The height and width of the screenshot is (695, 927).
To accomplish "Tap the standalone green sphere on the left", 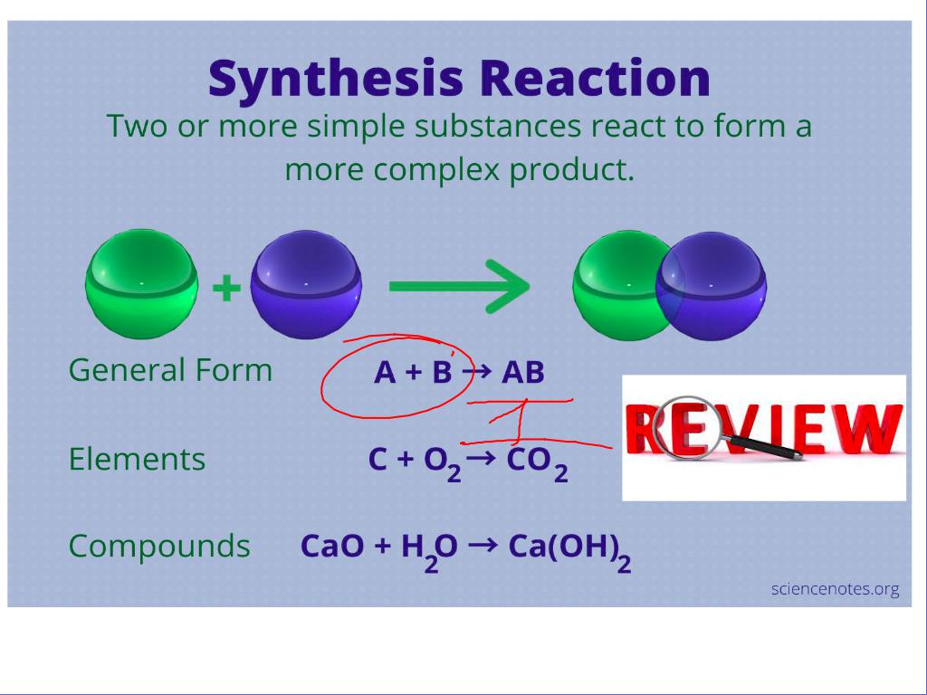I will point(141,285).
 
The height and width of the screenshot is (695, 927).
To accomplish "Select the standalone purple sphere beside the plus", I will point(306,285).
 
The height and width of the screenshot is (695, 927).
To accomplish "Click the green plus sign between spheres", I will point(225,289).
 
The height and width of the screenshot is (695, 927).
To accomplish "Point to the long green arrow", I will point(458,287).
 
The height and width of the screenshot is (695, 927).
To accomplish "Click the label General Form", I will point(170,370).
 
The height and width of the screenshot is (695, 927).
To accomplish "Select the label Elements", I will point(137,460).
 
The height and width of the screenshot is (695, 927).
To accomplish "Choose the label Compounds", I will point(159,547).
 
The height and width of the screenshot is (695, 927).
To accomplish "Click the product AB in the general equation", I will point(522,373).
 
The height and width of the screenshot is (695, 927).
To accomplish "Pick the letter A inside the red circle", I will point(384,373).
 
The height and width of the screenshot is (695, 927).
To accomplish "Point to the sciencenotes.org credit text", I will point(835,589).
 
